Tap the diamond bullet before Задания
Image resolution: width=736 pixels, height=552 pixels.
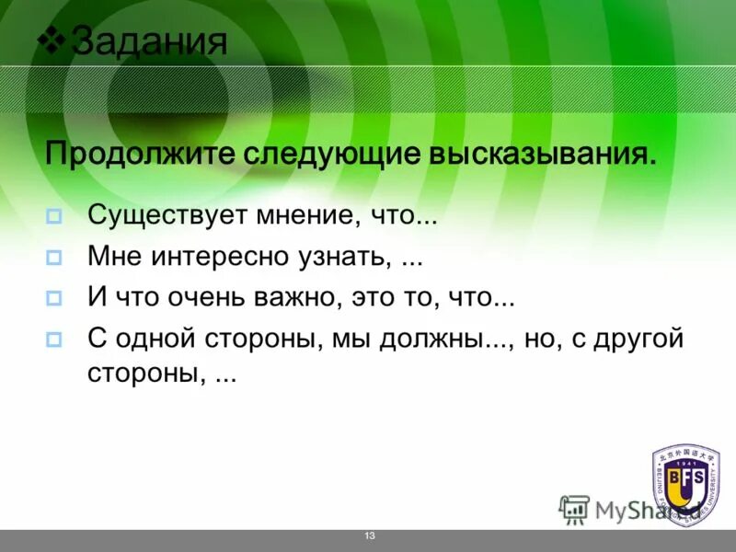54,39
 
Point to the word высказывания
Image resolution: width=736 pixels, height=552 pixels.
542,153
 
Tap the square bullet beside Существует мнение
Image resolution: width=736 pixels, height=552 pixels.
53,218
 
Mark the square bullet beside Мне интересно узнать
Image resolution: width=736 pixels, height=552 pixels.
53,258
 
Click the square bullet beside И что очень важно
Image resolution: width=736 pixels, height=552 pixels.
53,298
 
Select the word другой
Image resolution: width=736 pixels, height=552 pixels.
638,339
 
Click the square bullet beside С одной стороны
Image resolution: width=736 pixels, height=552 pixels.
53,338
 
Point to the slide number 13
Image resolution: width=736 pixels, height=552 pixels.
370,536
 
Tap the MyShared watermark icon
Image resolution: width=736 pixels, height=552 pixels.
574,510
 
